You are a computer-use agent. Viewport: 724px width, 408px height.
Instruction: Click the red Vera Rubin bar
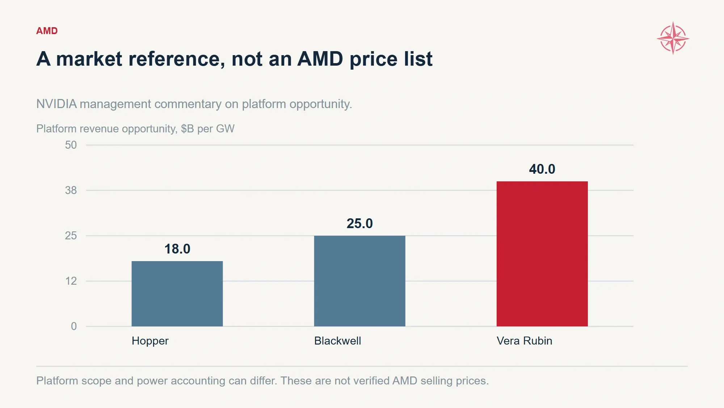coord(542,254)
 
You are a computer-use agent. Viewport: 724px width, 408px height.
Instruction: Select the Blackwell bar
coord(359,281)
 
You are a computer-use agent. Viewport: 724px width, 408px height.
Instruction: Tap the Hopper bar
coord(177,294)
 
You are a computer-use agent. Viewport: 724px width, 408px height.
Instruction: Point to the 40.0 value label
coord(542,169)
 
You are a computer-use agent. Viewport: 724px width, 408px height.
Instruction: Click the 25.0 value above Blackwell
coord(359,223)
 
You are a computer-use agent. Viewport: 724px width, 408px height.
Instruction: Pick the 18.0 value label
coord(177,249)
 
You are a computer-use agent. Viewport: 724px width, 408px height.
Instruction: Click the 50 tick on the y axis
coord(71,145)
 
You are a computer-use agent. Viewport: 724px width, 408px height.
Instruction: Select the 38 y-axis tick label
coord(71,190)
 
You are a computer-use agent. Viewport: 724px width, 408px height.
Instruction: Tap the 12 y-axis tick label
coord(71,281)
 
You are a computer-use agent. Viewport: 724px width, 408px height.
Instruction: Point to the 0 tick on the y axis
coord(74,326)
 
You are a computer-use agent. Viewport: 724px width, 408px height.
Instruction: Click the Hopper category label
coord(150,341)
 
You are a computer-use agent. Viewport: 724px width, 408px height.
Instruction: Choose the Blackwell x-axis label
coord(338,341)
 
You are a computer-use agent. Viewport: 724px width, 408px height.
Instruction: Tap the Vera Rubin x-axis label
coord(525,341)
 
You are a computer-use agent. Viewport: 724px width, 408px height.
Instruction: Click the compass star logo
coord(673,38)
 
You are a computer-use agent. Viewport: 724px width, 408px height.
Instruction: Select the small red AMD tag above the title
coord(47,31)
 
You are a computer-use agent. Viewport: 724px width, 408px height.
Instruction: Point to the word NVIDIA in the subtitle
coord(57,104)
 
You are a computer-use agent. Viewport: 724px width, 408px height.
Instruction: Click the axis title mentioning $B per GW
coord(135,129)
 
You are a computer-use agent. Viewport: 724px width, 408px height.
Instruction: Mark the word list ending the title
coord(418,59)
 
